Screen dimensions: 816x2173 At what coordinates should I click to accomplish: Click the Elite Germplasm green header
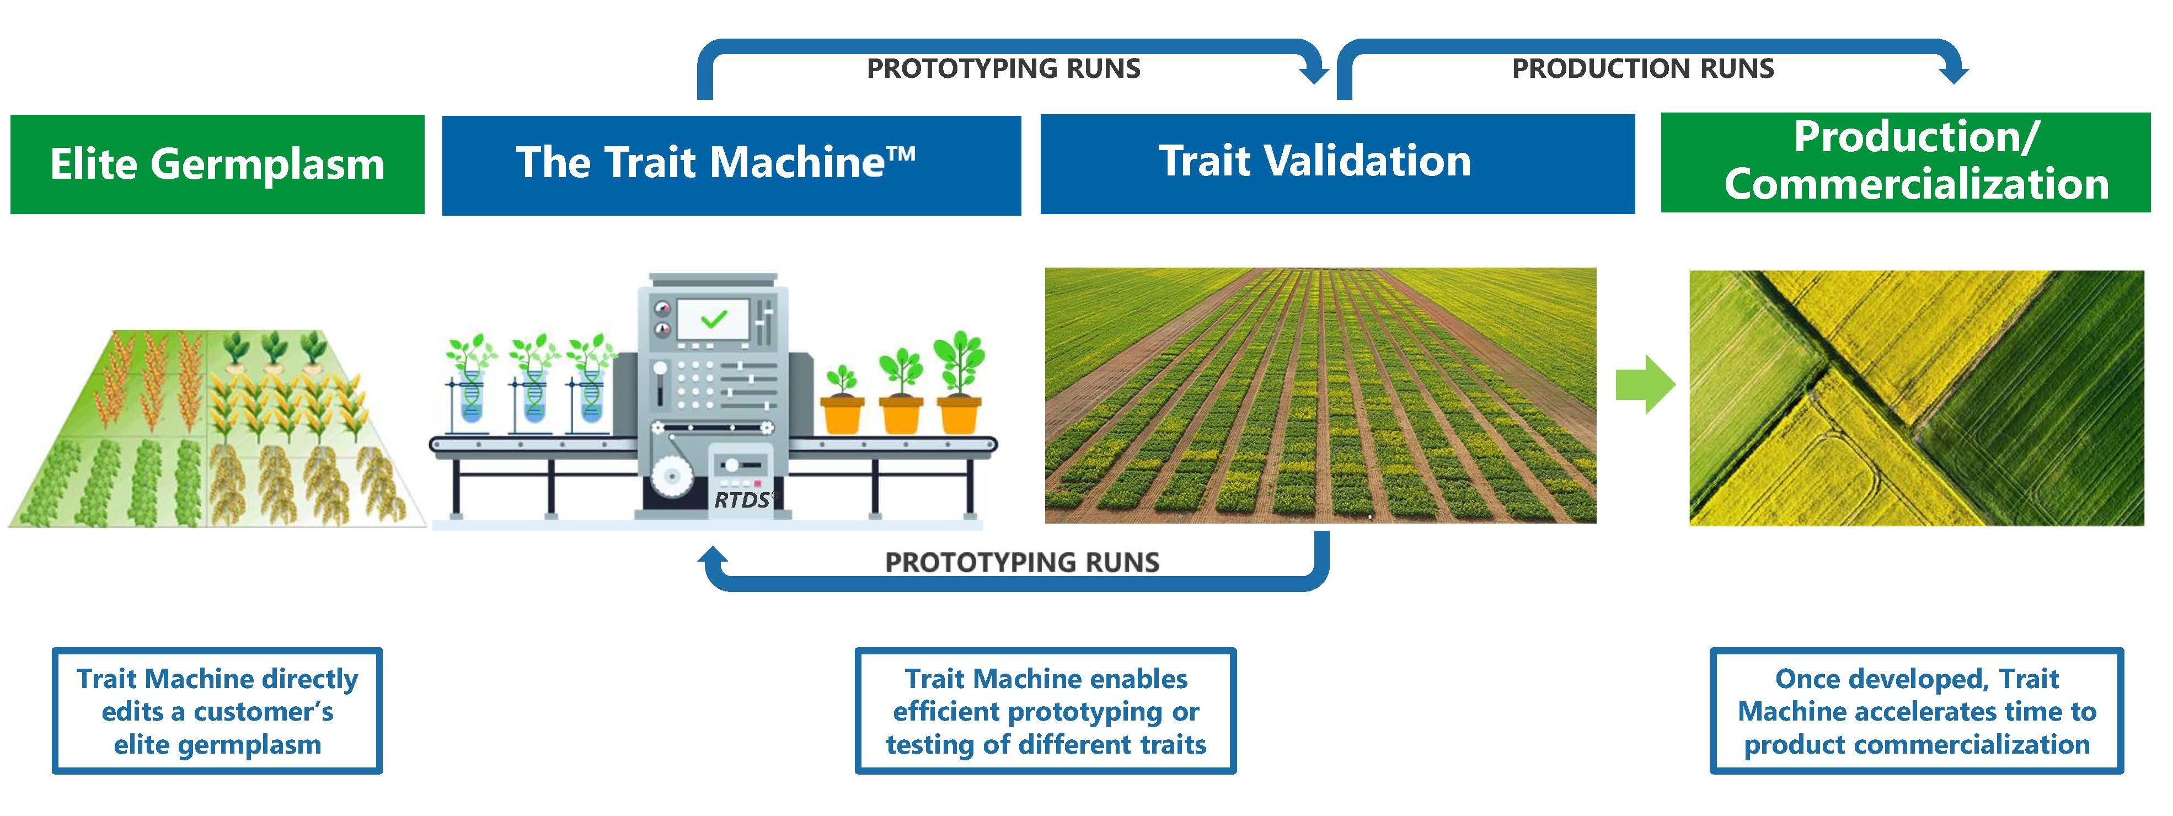[x=217, y=164]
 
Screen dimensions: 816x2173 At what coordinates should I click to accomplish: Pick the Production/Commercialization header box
[x=1905, y=162]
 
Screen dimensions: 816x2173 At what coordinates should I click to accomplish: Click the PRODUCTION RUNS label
[x=1642, y=68]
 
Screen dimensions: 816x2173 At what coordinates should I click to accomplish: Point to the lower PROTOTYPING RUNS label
[x=1021, y=562]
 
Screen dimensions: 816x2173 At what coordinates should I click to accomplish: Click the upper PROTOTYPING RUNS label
[x=1003, y=68]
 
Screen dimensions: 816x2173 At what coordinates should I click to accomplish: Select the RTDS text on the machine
[x=741, y=500]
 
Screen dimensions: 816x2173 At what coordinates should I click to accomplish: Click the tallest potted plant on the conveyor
[x=959, y=384]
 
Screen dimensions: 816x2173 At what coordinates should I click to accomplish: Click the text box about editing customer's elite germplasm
[x=217, y=711]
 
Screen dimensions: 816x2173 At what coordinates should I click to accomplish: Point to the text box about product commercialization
[x=1916, y=711]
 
